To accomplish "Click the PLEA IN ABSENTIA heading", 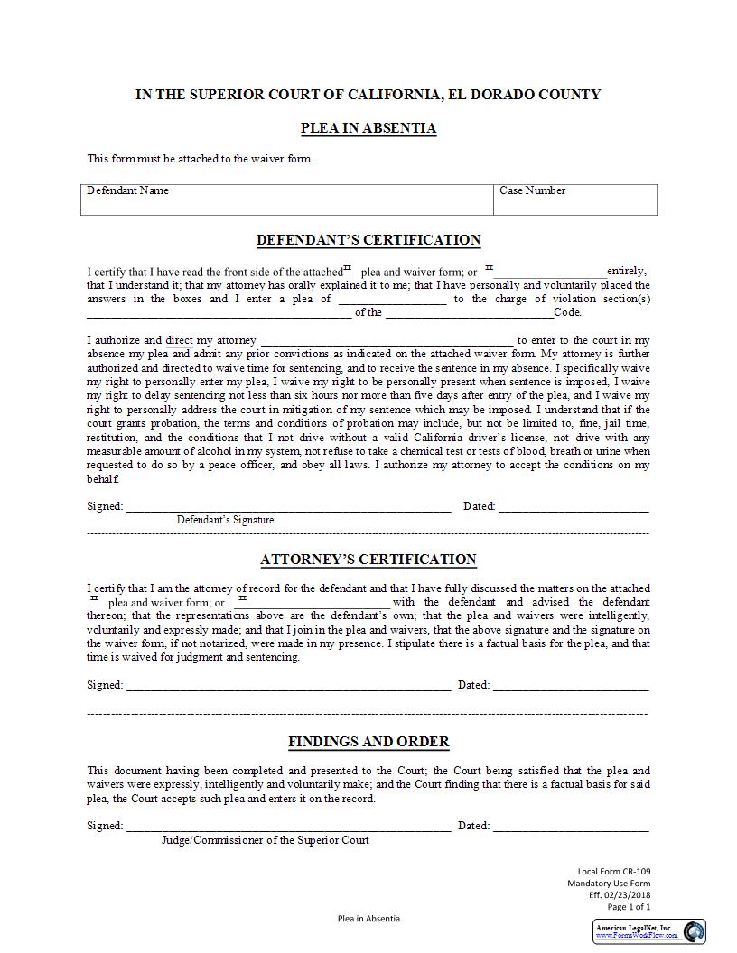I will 368,128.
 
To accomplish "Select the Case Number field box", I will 574,199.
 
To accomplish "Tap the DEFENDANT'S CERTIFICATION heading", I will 368,240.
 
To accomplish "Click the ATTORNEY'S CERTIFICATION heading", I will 368,560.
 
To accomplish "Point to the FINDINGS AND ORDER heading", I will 368,742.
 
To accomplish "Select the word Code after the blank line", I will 567,313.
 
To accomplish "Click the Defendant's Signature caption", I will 225,520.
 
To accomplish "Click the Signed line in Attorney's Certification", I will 288,687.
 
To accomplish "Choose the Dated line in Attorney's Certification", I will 570,687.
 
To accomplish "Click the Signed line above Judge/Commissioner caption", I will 288,828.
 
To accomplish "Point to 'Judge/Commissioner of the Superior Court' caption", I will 265,840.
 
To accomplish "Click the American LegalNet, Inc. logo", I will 650,931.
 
